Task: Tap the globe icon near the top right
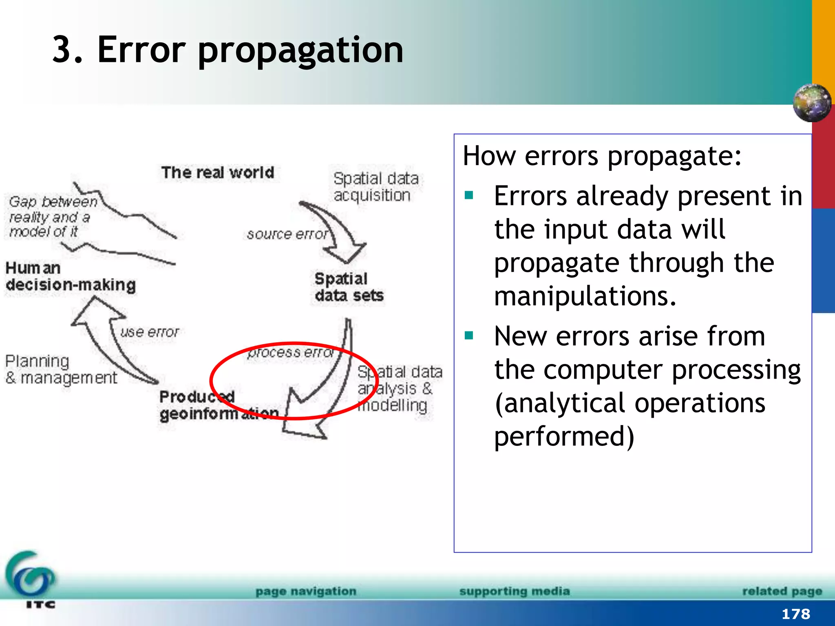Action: pos(812,103)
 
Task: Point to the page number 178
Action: pos(795,614)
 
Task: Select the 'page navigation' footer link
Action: pos(306,591)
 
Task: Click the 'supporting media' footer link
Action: pos(515,591)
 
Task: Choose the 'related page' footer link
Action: pos(782,591)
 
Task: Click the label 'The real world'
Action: pos(218,172)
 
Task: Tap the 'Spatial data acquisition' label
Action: pos(376,187)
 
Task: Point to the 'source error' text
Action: pos(287,234)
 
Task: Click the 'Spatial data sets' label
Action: pos(349,287)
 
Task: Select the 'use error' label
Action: pos(150,332)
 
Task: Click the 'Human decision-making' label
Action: pos(70,277)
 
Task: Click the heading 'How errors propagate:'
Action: pos(602,156)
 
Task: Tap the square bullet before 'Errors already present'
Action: pos(469,196)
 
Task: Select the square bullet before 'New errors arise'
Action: pos(469,336)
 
